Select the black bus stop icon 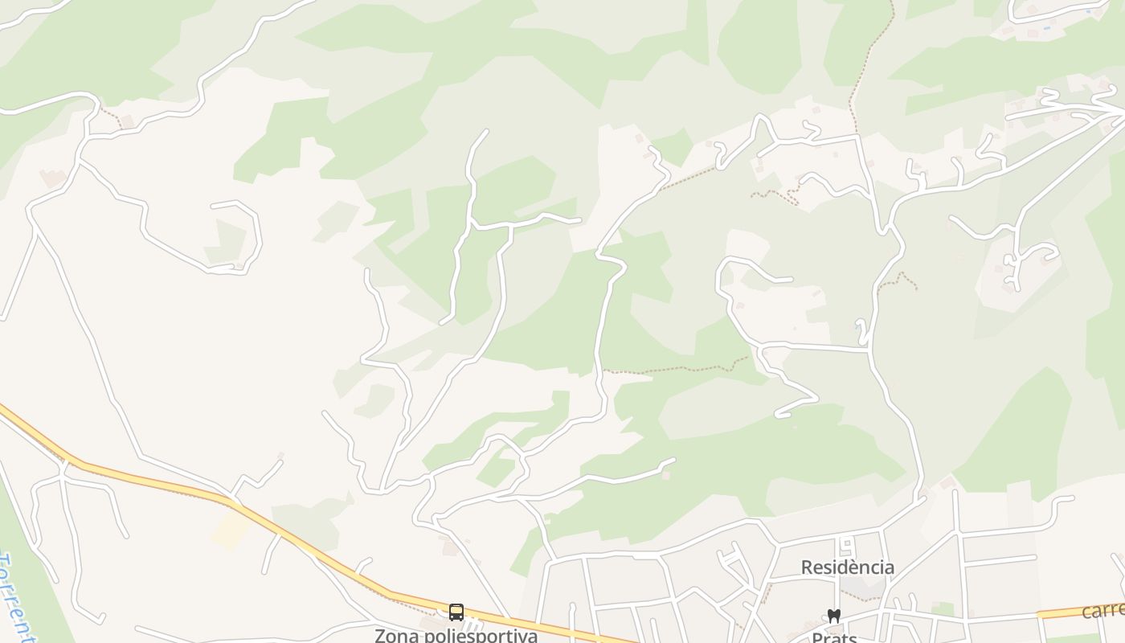coord(456,612)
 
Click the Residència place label coord(847,567)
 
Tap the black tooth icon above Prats coord(833,616)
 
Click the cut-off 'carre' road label coord(1102,610)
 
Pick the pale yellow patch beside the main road coord(231,531)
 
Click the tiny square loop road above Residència coord(845,547)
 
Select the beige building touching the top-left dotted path coord(127,121)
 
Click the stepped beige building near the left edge coord(53,178)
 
